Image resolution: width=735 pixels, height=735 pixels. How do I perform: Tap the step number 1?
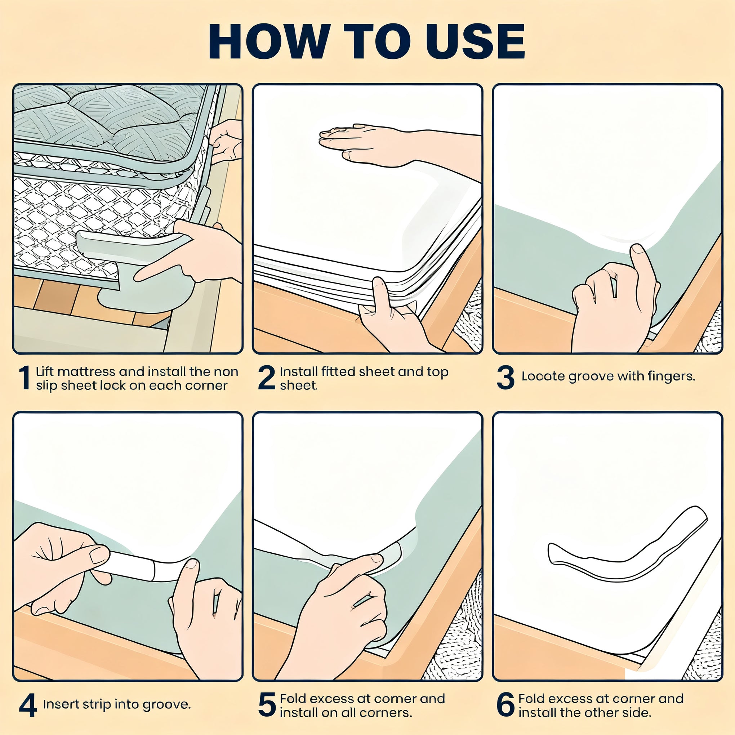coord(25,378)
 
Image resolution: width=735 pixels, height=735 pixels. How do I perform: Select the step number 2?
coord(266,378)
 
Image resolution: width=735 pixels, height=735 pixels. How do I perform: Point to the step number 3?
coord(505,378)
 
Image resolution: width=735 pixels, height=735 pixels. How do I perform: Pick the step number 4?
coord(28,705)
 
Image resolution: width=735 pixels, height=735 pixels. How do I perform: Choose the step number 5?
coord(267,705)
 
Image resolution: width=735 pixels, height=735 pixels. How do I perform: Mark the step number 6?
coord(505,705)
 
